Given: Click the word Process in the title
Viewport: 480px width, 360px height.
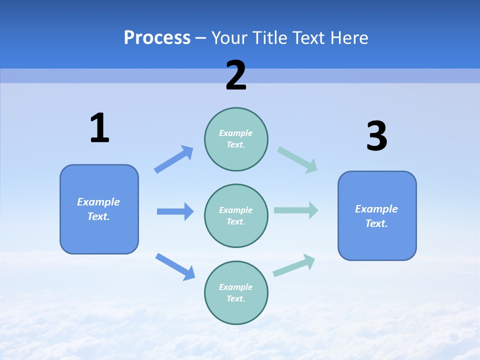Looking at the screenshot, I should point(157,38).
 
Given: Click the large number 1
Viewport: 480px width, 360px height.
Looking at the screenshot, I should point(99,128).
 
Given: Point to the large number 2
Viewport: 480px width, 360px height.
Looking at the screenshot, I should point(236,75).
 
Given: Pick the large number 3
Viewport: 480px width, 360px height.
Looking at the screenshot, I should point(376,136).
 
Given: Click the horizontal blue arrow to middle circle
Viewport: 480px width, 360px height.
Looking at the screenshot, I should point(175,211).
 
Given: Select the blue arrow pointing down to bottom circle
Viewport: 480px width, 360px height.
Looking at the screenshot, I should point(175,266).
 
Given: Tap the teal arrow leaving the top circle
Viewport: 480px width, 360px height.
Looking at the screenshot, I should point(297,159).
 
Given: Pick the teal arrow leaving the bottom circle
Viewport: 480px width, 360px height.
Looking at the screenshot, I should point(294,265).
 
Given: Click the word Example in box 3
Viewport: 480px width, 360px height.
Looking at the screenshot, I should point(376,209).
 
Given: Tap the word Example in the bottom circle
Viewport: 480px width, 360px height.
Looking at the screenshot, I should point(236,287).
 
